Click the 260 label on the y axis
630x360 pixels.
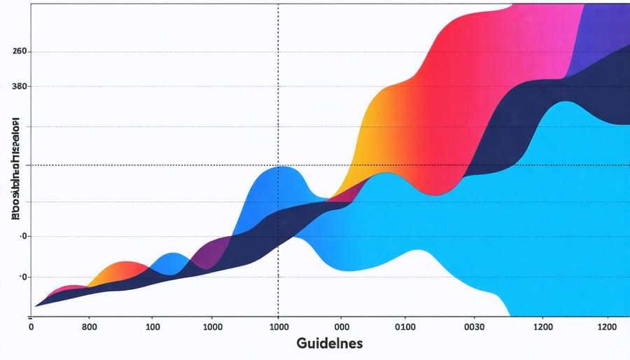[19, 52]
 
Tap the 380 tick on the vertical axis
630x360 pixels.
[19, 86]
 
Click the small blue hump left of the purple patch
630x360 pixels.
[168, 263]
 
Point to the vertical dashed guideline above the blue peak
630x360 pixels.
[279, 84]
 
